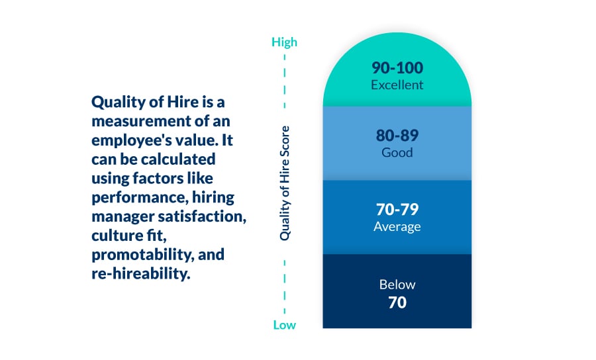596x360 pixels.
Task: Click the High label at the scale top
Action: (x=284, y=42)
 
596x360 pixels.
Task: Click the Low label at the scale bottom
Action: (x=284, y=325)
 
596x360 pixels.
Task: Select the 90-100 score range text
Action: (x=397, y=68)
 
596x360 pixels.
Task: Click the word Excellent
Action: (x=397, y=85)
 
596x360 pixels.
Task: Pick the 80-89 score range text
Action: (x=397, y=136)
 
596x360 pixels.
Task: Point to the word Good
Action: (x=397, y=152)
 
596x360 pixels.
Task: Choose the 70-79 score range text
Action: (x=397, y=210)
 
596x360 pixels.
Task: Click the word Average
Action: (x=397, y=226)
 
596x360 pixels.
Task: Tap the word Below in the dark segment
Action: (x=397, y=285)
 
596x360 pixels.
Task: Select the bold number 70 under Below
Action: (x=397, y=303)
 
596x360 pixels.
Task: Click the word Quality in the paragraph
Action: (x=114, y=103)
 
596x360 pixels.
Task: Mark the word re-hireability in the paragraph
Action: (x=140, y=273)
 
